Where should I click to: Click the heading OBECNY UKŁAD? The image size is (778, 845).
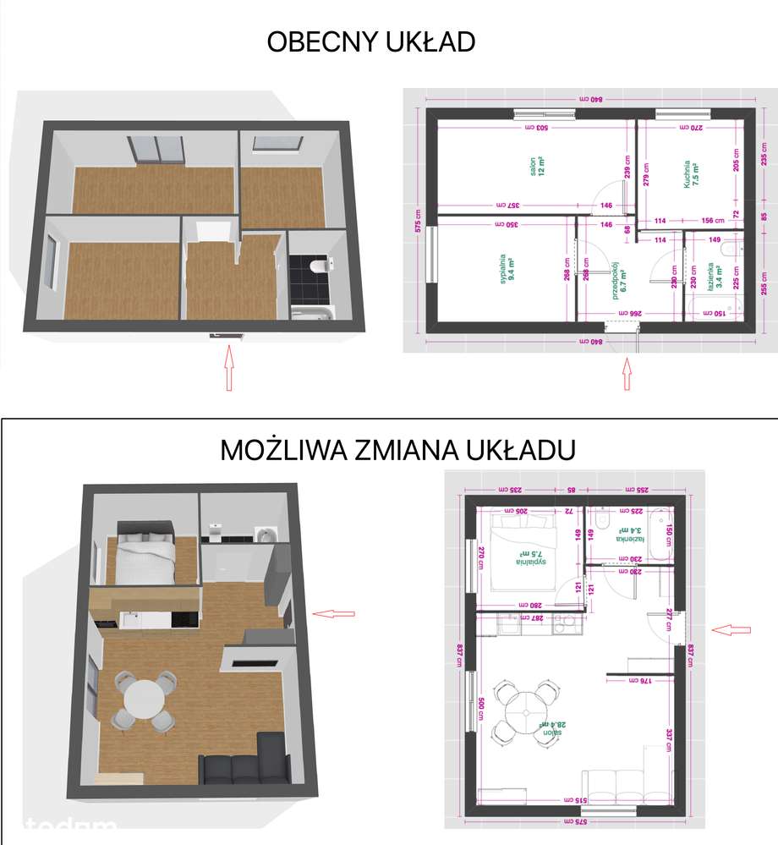pyautogui.click(x=371, y=41)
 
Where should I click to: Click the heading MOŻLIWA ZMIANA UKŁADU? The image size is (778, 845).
pyautogui.click(x=398, y=450)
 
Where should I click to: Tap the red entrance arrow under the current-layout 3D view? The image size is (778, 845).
pyautogui.click(x=227, y=370)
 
